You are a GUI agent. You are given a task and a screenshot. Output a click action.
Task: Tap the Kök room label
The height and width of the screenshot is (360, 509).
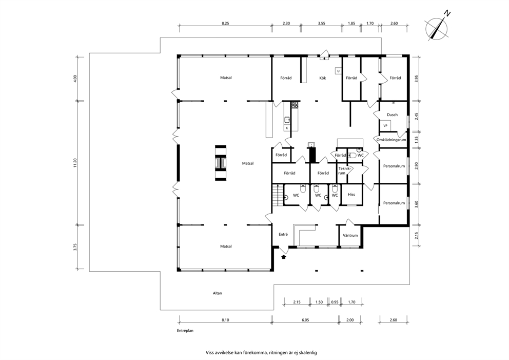[322, 78]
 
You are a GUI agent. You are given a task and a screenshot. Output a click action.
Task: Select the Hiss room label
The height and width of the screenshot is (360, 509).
[351, 195]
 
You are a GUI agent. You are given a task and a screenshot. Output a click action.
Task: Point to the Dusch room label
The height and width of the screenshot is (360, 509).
[392, 115]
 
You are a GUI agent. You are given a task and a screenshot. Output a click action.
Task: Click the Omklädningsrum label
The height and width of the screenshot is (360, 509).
[391, 140]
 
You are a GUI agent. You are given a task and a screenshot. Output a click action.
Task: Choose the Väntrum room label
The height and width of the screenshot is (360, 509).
[350, 235]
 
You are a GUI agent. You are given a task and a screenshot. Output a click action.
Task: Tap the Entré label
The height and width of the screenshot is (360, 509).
[283, 234]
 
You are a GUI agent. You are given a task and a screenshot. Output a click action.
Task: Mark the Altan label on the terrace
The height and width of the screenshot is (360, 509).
[218, 293]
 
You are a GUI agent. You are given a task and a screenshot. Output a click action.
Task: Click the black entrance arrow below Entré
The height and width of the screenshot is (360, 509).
[284, 257]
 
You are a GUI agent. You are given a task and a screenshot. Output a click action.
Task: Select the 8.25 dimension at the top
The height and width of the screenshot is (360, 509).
[225, 24]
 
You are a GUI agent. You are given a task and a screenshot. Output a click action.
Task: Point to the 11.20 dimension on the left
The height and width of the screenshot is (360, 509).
[75, 163]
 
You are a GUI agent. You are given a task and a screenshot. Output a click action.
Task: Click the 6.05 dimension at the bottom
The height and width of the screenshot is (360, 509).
[305, 320]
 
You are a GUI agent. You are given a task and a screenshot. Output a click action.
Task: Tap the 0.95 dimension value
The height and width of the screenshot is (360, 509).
[335, 302]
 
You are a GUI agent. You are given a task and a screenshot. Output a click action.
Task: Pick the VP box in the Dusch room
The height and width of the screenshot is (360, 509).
[386, 125]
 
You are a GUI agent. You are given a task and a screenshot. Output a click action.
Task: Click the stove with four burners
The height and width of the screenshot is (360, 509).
[295, 105]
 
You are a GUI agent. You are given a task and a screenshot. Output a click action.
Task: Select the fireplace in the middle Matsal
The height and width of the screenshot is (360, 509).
[221, 163]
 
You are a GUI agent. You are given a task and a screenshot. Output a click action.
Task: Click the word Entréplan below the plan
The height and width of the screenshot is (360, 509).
[185, 330]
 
